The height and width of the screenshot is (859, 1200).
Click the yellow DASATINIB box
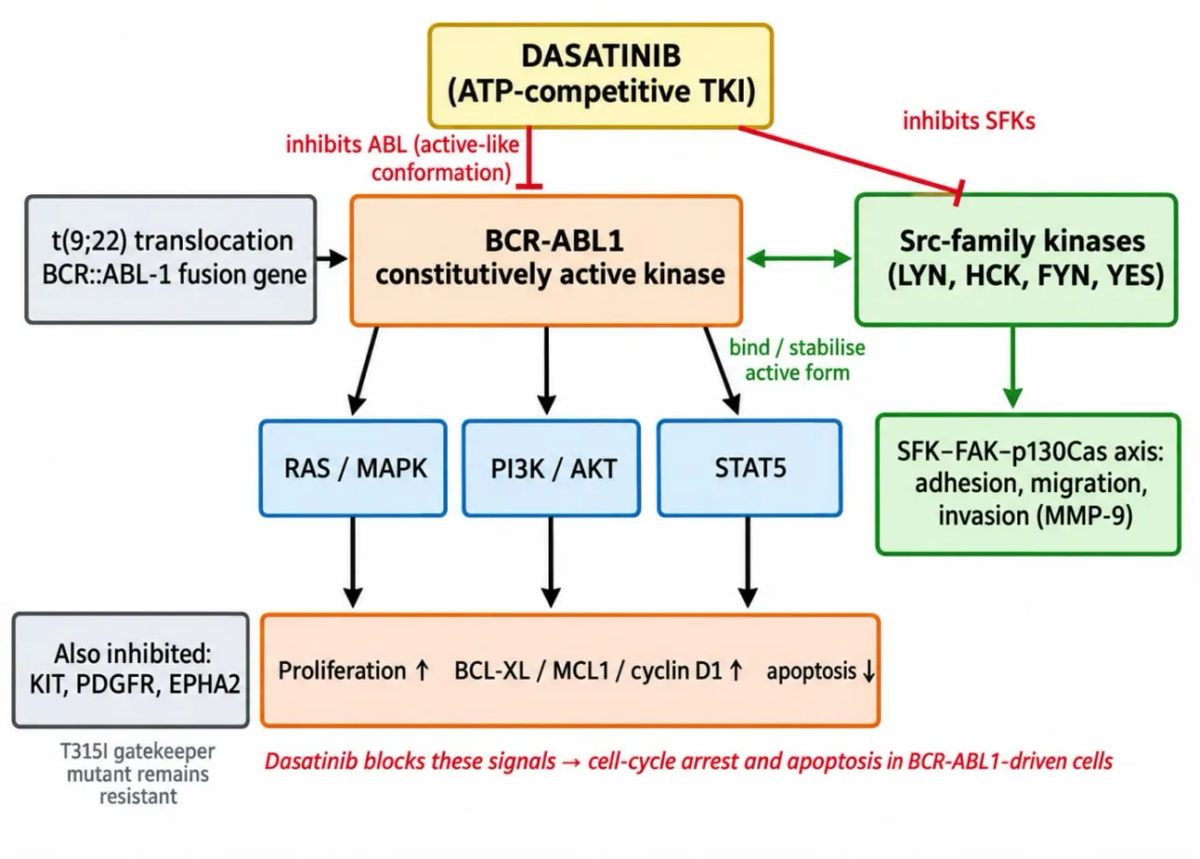click(x=601, y=76)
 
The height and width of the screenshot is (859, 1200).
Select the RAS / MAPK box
click(x=353, y=468)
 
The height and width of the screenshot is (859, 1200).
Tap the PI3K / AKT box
click(x=551, y=468)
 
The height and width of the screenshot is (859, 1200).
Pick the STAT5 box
click(x=749, y=468)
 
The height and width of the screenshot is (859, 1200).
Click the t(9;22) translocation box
click(x=171, y=260)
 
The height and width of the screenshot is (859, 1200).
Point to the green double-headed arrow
click(x=799, y=259)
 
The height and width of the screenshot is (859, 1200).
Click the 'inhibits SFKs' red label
click(x=969, y=120)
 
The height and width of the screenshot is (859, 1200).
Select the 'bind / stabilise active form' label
click(x=797, y=359)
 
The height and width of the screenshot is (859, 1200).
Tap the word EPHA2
click(x=204, y=684)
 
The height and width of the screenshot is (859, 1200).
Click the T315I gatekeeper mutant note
click(x=138, y=774)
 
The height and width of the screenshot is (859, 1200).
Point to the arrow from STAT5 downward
click(x=747, y=562)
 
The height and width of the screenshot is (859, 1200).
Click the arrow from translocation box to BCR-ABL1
click(x=331, y=259)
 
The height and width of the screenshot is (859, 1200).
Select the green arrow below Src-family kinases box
click(x=1012, y=367)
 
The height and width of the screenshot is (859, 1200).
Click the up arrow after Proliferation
click(x=422, y=670)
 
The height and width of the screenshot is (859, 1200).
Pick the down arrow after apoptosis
click(x=869, y=671)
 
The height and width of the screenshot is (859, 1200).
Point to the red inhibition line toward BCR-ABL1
click(x=529, y=158)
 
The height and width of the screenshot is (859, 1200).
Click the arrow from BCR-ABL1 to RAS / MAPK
click(x=364, y=371)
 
